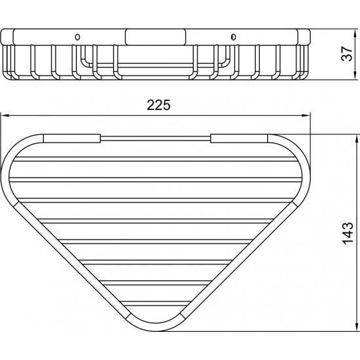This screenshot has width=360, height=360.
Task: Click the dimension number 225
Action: [x=158, y=105]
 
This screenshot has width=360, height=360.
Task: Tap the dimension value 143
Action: [x=348, y=233]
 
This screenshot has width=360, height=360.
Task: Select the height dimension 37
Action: [x=347, y=54]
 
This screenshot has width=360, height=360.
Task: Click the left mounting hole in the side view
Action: [x=78, y=37]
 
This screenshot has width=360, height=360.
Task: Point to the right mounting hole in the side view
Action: [x=233, y=37]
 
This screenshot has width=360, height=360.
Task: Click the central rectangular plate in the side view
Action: [x=155, y=37]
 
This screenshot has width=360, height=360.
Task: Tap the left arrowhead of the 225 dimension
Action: [x=5, y=116]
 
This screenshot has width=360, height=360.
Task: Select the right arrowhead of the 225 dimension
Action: [x=306, y=116]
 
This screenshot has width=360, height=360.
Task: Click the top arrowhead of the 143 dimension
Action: [x=357, y=139]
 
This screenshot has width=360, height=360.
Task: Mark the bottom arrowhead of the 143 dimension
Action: [x=357, y=327]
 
